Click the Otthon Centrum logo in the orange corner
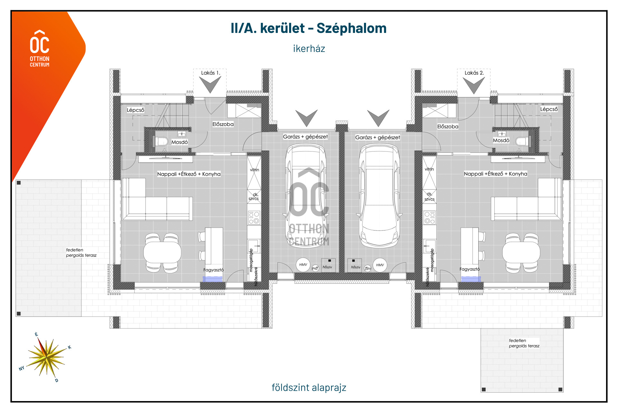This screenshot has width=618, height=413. click(40, 49)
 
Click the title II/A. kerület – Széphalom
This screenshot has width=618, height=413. click(309, 28)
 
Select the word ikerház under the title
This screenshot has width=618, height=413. click(309, 49)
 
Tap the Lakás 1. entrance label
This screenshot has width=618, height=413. click(211, 73)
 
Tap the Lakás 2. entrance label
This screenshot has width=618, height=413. click(474, 73)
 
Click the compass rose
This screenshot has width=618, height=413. click(47, 357)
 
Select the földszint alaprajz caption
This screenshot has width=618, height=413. click(309, 387)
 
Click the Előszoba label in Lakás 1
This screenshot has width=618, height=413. click(223, 124)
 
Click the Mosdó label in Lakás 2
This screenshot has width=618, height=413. click(501, 140)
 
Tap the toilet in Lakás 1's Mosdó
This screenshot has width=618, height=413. click(162, 141)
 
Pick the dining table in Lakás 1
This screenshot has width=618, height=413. click(162, 252)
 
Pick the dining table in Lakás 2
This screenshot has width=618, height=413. click(521, 252)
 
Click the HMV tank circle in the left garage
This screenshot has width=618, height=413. click(303, 265)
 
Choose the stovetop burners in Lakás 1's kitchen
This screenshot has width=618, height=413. click(254, 218)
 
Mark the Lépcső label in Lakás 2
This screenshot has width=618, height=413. click(549, 109)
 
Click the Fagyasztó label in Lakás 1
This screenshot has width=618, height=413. click(213, 270)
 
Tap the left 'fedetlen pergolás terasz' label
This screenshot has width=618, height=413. click(81, 252)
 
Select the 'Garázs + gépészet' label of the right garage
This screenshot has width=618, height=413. click(378, 138)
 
